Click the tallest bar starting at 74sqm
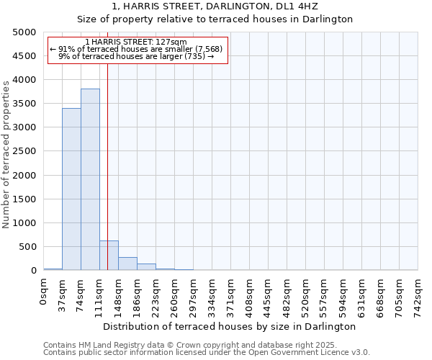(x=90, y=179)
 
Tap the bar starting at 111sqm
(x=109, y=256)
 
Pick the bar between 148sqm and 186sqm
(x=127, y=264)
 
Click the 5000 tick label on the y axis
(x=24, y=32)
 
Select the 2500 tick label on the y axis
(x=24, y=151)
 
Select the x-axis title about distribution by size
(x=230, y=326)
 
